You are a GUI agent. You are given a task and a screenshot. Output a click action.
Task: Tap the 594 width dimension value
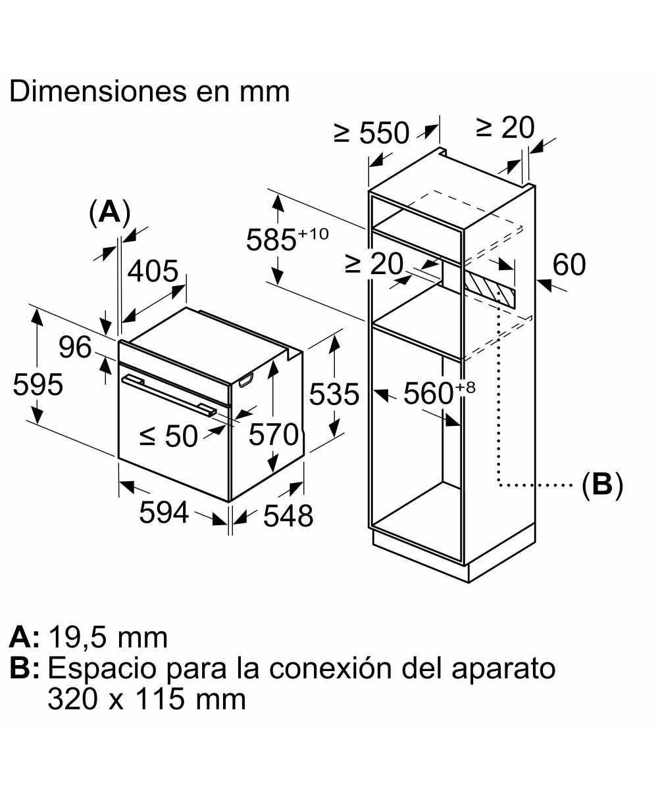point(164,513)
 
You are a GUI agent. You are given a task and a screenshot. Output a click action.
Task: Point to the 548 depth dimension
point(288,516)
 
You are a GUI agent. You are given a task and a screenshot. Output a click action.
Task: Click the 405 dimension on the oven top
point(153,271)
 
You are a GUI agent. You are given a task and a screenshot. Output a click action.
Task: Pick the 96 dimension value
point(75,346)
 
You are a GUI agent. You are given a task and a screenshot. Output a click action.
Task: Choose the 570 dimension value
point(274,434)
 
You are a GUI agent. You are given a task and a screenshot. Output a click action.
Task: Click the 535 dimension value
point(334,394)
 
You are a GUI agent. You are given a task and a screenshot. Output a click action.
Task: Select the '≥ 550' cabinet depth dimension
point(372,133)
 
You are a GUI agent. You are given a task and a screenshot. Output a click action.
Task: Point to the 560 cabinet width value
point(428,394)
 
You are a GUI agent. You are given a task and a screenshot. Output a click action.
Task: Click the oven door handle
point(168,394)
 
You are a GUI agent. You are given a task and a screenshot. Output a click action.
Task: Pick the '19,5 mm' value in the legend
point(109,637)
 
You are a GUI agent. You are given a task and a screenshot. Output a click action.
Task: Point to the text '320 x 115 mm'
point(147,699)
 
